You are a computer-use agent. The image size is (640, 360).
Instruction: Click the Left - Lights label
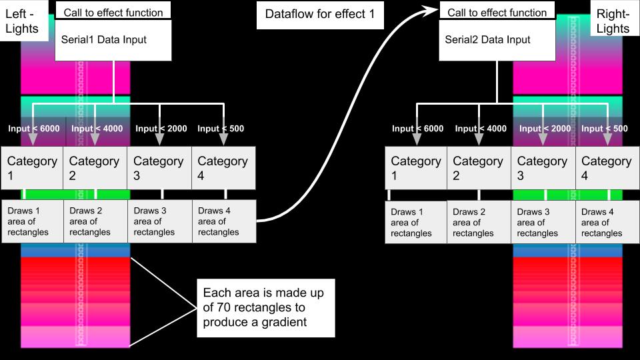(22, 21)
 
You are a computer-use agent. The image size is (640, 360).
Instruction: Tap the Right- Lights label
(613, 21)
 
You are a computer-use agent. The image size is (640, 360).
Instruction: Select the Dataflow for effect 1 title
(319, 14)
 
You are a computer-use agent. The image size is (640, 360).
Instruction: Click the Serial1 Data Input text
(103, 39)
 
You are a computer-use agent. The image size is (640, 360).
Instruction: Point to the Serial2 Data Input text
(487, 39)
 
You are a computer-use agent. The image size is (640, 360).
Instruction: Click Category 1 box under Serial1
(32, 168)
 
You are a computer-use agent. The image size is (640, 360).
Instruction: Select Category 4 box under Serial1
(223, 168)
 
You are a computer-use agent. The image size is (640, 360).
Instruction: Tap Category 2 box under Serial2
(478, 168)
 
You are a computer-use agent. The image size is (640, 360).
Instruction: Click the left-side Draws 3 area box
(159, 221)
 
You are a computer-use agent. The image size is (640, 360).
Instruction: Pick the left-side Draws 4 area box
(223, 221)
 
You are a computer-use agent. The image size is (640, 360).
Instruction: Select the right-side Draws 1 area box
(416, 223)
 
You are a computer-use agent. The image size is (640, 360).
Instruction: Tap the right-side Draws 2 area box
(478, 223)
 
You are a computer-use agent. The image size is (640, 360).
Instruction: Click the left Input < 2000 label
(161, 129)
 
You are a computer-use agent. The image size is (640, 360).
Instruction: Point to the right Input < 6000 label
(417, 129)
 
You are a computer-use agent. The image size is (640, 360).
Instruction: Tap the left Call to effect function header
(113, 12)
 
